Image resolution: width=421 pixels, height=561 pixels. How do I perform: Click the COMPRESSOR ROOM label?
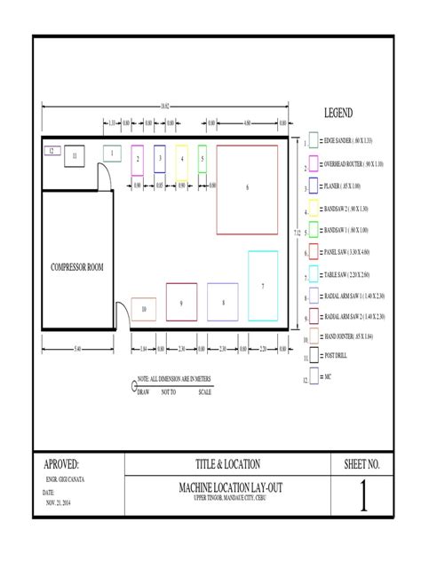pos(77,267)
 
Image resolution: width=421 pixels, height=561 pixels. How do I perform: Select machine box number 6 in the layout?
pos(247,187)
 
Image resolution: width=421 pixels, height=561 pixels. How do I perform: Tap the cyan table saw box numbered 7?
pos(263,286)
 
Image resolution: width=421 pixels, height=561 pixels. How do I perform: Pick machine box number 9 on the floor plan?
pos(181,303)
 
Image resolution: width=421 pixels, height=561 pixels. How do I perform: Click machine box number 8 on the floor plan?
pos(223,303)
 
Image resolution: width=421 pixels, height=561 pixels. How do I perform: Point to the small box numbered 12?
pos(51,152)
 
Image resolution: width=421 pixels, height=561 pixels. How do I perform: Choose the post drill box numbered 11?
pos(75,155)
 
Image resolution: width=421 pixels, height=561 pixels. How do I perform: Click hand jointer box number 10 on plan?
pos(144,309)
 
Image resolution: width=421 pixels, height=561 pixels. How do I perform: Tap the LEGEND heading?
pos(338,114)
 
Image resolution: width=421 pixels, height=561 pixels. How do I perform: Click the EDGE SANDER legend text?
pos(351,142)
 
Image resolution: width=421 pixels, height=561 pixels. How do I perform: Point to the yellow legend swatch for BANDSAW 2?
pos(314,209)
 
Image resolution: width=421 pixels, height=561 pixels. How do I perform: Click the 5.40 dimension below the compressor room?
pos(77,348)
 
